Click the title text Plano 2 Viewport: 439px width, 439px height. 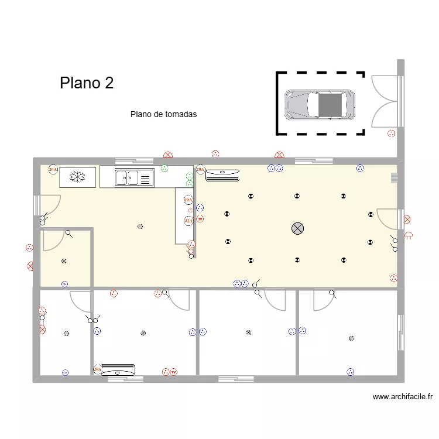(x=87, y=83)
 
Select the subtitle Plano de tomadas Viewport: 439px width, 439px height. (x=163, y=115)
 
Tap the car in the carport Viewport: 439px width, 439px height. (x=320, y=104)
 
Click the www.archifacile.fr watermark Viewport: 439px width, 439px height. (x=403, y=397)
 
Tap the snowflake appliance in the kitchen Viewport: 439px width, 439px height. (x=77, y=177)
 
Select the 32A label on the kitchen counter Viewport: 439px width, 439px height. (x=188, y=221)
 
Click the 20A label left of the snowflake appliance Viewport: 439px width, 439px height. (x=53, y=170)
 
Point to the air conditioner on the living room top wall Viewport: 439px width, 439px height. (x=222, y=172)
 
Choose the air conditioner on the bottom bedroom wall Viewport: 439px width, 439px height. (x=118, y=372)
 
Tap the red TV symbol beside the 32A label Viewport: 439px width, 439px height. (x=200, y=220)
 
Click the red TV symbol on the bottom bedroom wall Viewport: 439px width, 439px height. (x=166, y=372)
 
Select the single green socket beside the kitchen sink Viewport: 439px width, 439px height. (x=164, y=169)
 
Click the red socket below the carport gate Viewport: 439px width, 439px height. (x=391, y=134)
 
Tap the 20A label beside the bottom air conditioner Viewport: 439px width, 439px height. (x=97, y=369)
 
